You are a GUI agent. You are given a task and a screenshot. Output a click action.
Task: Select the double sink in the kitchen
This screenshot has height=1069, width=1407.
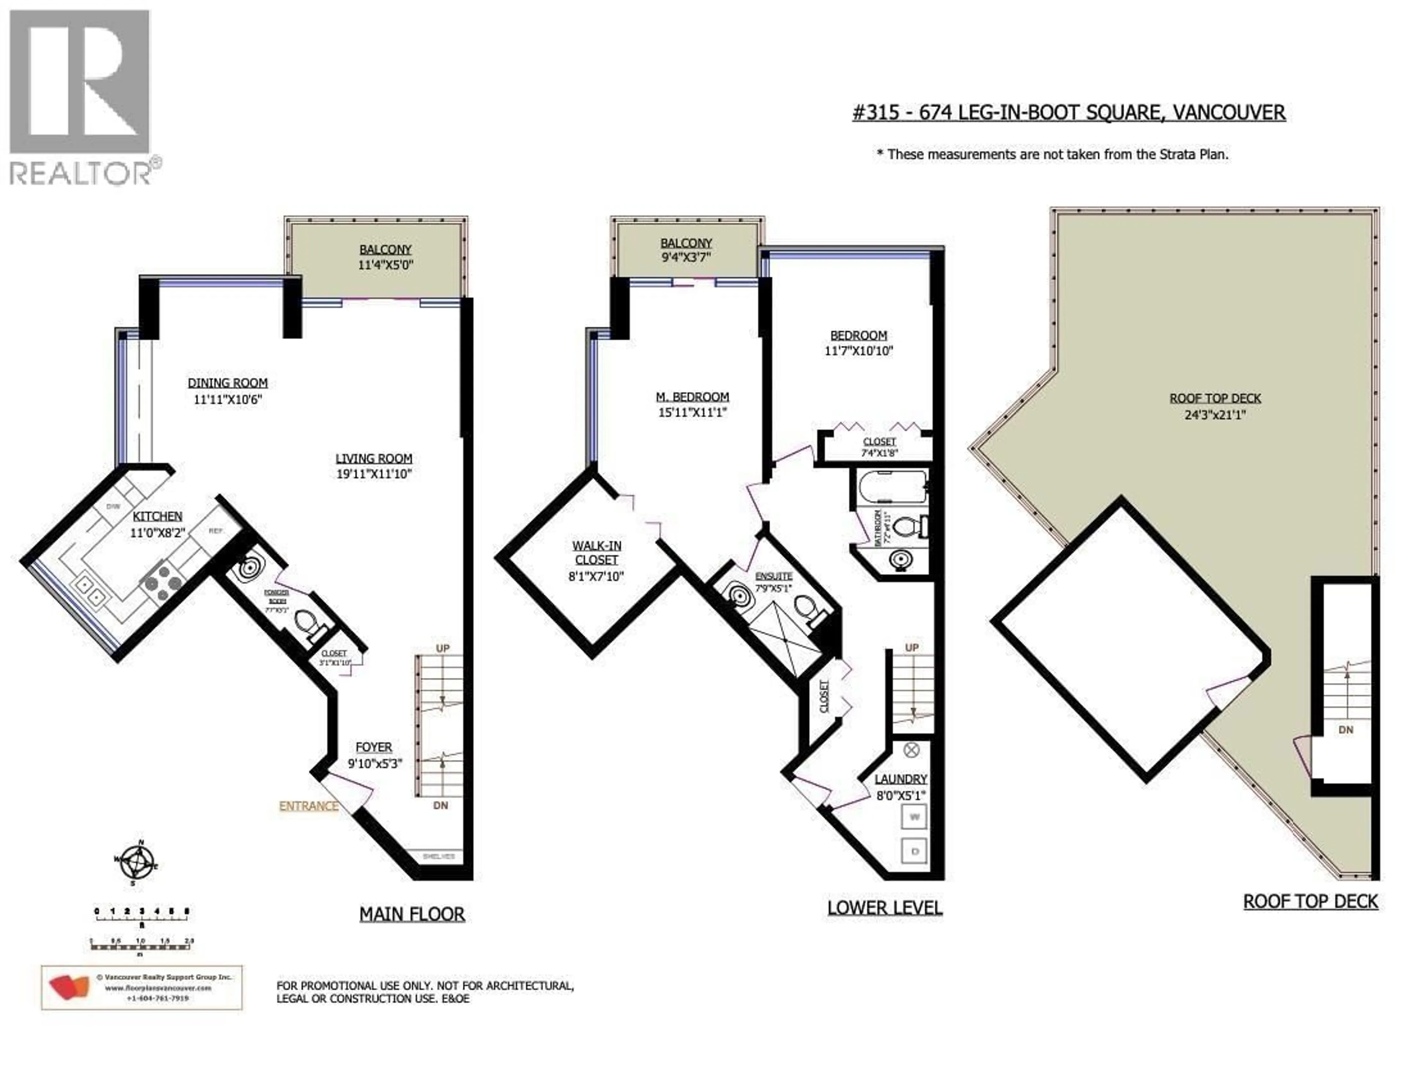click(89, 590)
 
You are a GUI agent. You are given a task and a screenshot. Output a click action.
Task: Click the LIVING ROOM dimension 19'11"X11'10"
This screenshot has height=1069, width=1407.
click(374, 474)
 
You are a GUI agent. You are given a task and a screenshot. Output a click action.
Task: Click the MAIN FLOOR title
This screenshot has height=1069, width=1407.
click(412, 914)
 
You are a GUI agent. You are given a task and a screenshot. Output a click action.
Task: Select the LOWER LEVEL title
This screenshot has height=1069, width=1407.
click(884, 908)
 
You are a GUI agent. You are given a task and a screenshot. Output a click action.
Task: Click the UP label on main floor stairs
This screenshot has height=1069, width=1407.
click(443, 648)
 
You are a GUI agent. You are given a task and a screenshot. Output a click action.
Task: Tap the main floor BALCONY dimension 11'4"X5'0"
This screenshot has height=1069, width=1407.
click(385, 265)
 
